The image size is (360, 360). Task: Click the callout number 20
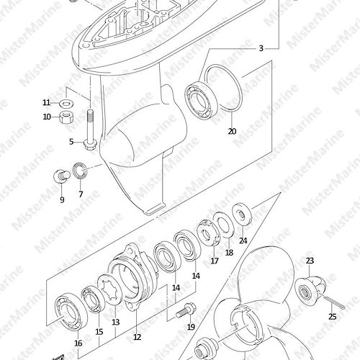pos(232,131)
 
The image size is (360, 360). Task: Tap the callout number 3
pos(261,48)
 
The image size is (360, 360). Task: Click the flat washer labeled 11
pos(66,104)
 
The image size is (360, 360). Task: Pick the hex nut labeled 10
pos(66,117)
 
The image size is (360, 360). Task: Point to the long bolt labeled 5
pos(89,130)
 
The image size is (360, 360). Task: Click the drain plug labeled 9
pos(62,176)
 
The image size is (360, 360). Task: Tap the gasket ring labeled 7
pos(80,171)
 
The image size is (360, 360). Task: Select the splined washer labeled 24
pos(243,215)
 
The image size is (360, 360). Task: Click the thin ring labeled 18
pos(225,222)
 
